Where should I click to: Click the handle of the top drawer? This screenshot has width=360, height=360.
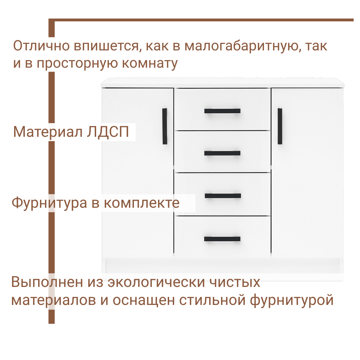pyautogui.click(x=222, y=111)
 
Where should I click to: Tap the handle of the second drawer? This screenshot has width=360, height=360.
pyautogui.click(x=222, y=153)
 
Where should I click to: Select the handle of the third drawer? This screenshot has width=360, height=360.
pyautogui.click(x=222, y=196)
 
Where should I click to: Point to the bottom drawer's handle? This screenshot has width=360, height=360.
pyautogui.click(x=222, y=239)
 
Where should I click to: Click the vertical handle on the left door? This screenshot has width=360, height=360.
pyautogui.click(x=165, y=126)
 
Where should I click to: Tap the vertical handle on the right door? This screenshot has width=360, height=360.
pyautogui.click(x=280, y=126)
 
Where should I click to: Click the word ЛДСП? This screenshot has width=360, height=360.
pyautogui.click(x=108, y=132)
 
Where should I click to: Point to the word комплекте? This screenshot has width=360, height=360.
pyautogui.click(x=141, y=203)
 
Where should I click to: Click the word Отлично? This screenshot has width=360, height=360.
pyautogui.click(x=41, y=47)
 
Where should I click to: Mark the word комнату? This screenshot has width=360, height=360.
pyautogui.click(x=150, y=64)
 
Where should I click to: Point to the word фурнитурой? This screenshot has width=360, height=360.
pyautogui.click(x=292, y=300)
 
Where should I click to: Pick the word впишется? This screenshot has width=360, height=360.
pyautogui.click(x=103, y=47)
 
